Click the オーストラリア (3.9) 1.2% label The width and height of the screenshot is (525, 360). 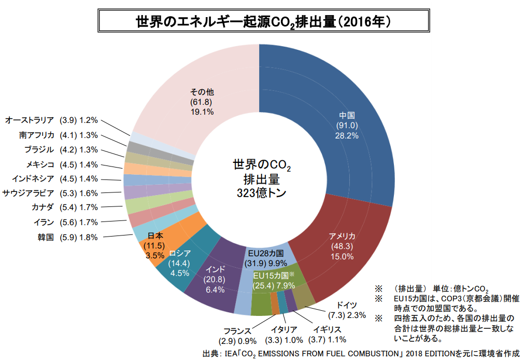pos(51,120)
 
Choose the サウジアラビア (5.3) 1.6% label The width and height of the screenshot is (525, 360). pos(50,193)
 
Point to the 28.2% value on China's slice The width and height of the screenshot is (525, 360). pos(347,135)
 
